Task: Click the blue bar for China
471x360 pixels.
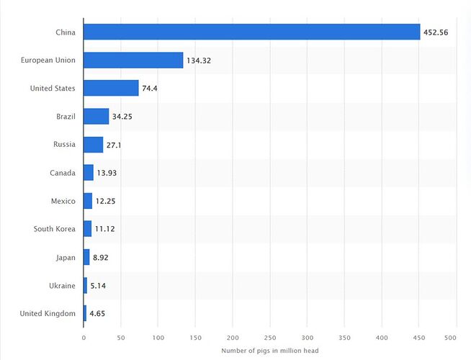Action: (x=251, y=32)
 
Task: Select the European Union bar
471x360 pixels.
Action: (x=133, y=60)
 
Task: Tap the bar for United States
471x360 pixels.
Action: (x=111, y=88)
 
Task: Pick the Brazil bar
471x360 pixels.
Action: (x=96, y=116)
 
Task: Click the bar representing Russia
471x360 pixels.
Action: (x=93, y=144)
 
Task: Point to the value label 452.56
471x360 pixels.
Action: (x=439, y=32)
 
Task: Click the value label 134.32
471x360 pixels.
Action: (x=202, y=60)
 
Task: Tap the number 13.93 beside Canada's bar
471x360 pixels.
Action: (x=107, y=173)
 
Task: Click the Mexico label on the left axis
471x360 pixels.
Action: (x=63, y=201)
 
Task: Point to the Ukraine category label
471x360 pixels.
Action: (x=62, y=285)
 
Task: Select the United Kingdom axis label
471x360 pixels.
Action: (x=48, y=313)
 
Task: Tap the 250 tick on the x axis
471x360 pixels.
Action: (x=270, y=336)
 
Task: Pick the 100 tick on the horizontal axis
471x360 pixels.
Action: (x=158, y=336)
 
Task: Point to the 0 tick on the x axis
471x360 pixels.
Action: (x=84, y=336)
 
